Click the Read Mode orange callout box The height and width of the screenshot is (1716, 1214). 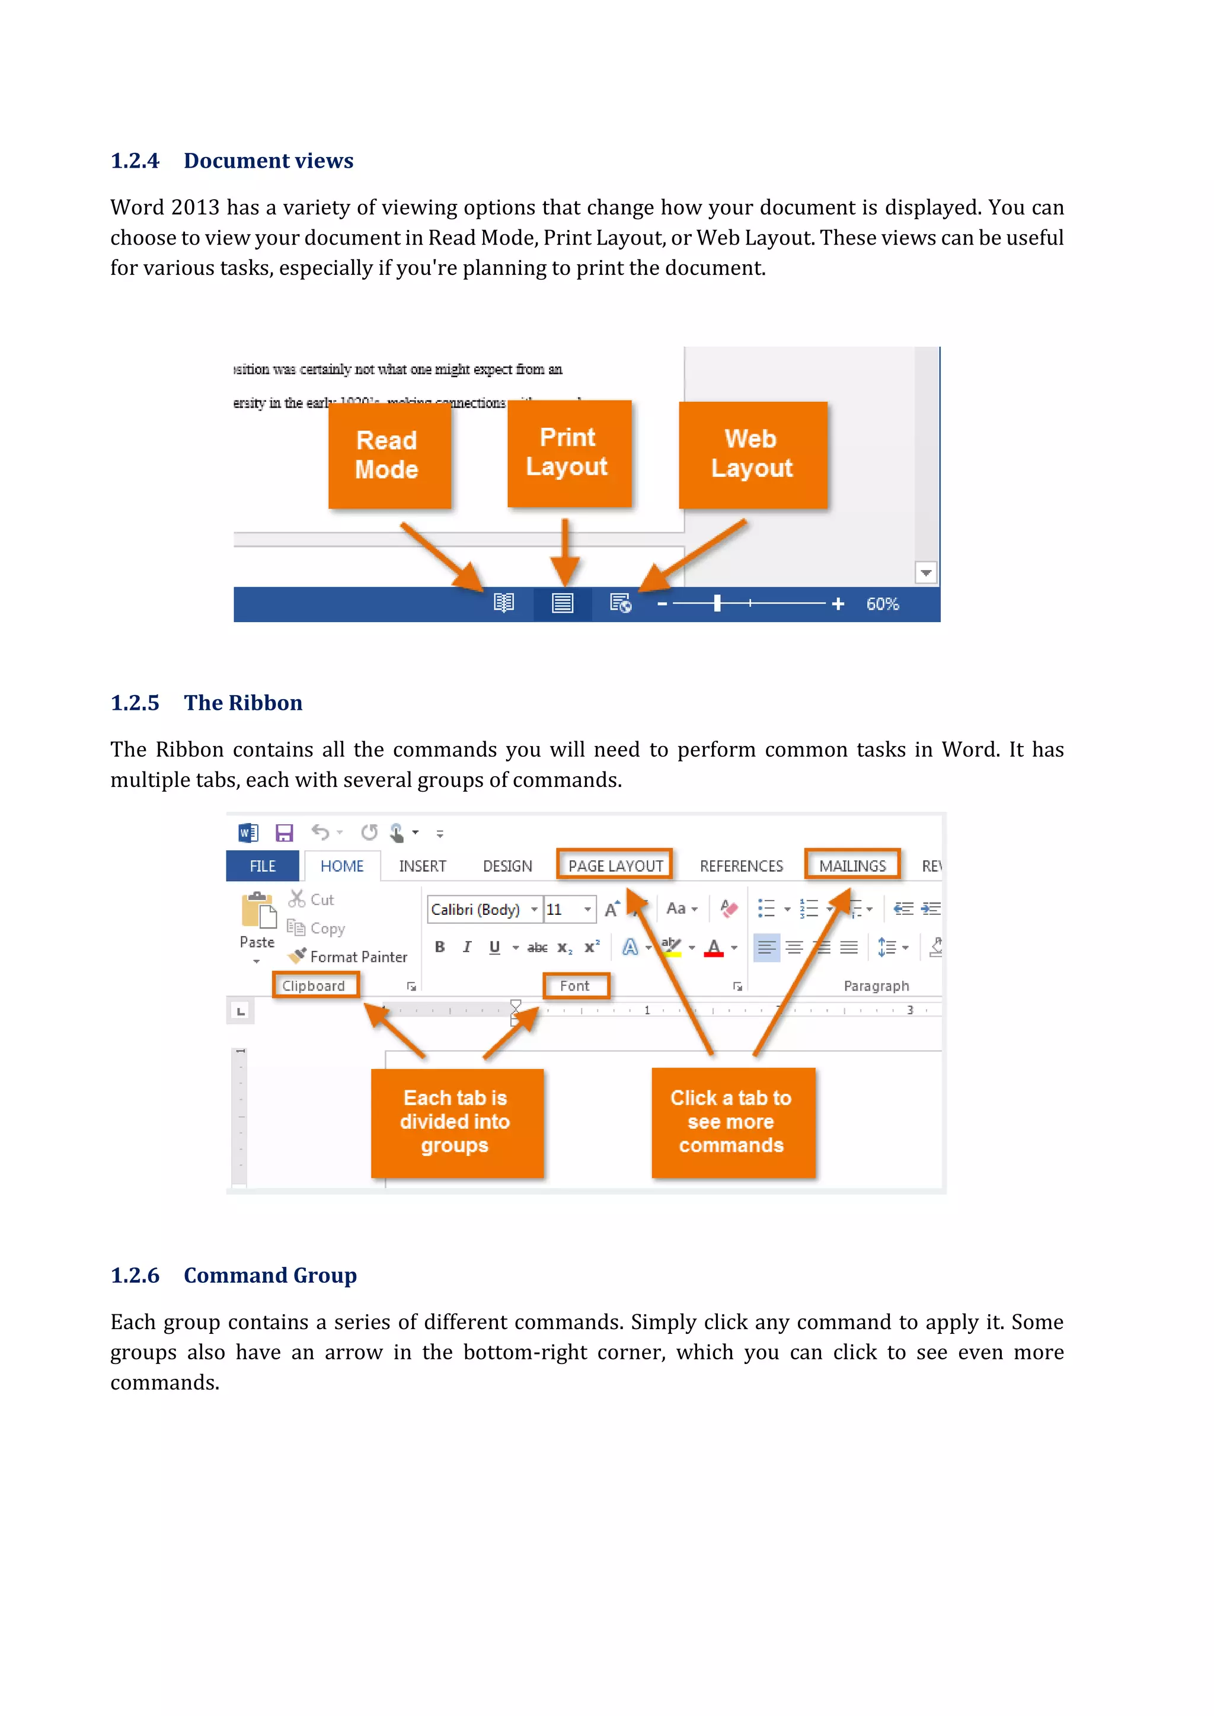click(x=389, y=455)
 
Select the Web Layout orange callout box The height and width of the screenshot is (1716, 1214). click(x=752, y=454)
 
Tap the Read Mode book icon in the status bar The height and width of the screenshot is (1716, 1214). click(x=504, y=603)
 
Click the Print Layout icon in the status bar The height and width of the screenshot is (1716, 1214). click(x=562, y=603)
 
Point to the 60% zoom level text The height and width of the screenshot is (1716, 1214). click(x=882, y=604)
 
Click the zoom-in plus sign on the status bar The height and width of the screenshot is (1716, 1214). click(x=838, y=604)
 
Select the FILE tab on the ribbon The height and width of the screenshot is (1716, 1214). click(x=263, y=866)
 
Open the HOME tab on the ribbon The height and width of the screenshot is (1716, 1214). click(x=341, y=866)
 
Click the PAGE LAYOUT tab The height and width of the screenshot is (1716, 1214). click(x=615, y=866)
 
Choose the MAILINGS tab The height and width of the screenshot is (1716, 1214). click(x=852, y=866)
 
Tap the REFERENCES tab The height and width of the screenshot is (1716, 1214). click(x=741, y=866)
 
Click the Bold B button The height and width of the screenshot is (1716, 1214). click(x=440, y=947)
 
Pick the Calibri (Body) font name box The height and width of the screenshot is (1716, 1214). click(x=476, y=910)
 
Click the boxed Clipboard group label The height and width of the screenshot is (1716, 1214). click(x=314, y=986)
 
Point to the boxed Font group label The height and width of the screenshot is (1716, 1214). click(x=575, y=986)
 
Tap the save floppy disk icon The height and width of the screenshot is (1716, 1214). click(x=284, y=833)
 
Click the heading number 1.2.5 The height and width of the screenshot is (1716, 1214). click(x=135, y=703)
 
